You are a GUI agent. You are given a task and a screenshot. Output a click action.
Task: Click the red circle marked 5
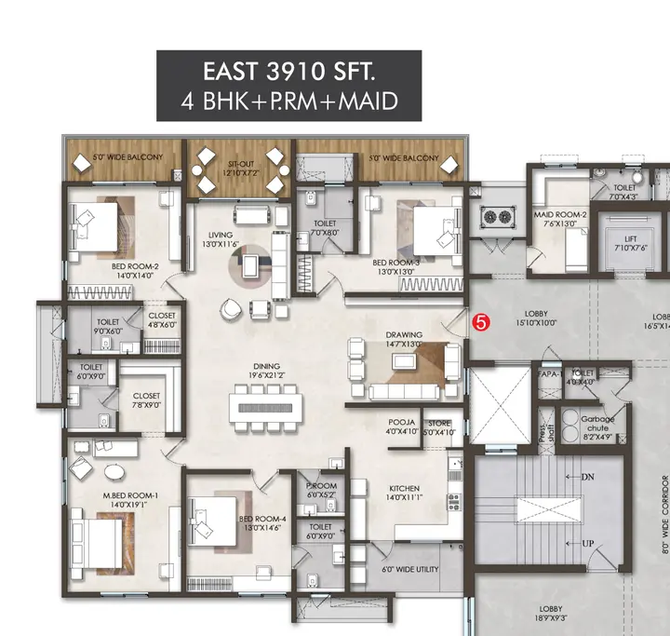(480, 323)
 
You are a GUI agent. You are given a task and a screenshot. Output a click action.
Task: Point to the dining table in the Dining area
(266, 406)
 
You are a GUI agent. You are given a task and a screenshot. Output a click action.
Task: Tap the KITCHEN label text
(404, 488)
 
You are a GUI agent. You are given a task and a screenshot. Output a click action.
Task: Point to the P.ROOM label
(320, 486)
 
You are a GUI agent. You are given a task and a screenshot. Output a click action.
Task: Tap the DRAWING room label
(405, 334)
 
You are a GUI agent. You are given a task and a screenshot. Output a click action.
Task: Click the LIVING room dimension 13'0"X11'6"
(220, 244)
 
